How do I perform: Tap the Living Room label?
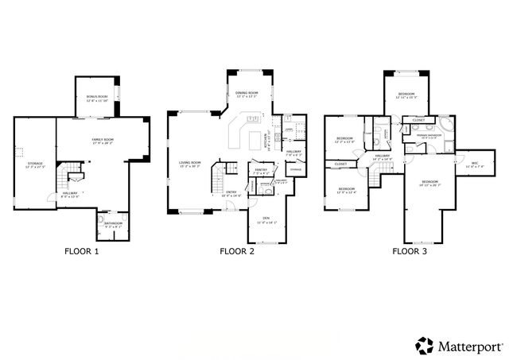click(189, 165)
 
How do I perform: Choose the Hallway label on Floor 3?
click(383, 157)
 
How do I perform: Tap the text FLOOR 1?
click(82, 252)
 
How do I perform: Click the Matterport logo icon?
click(423, 345)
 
